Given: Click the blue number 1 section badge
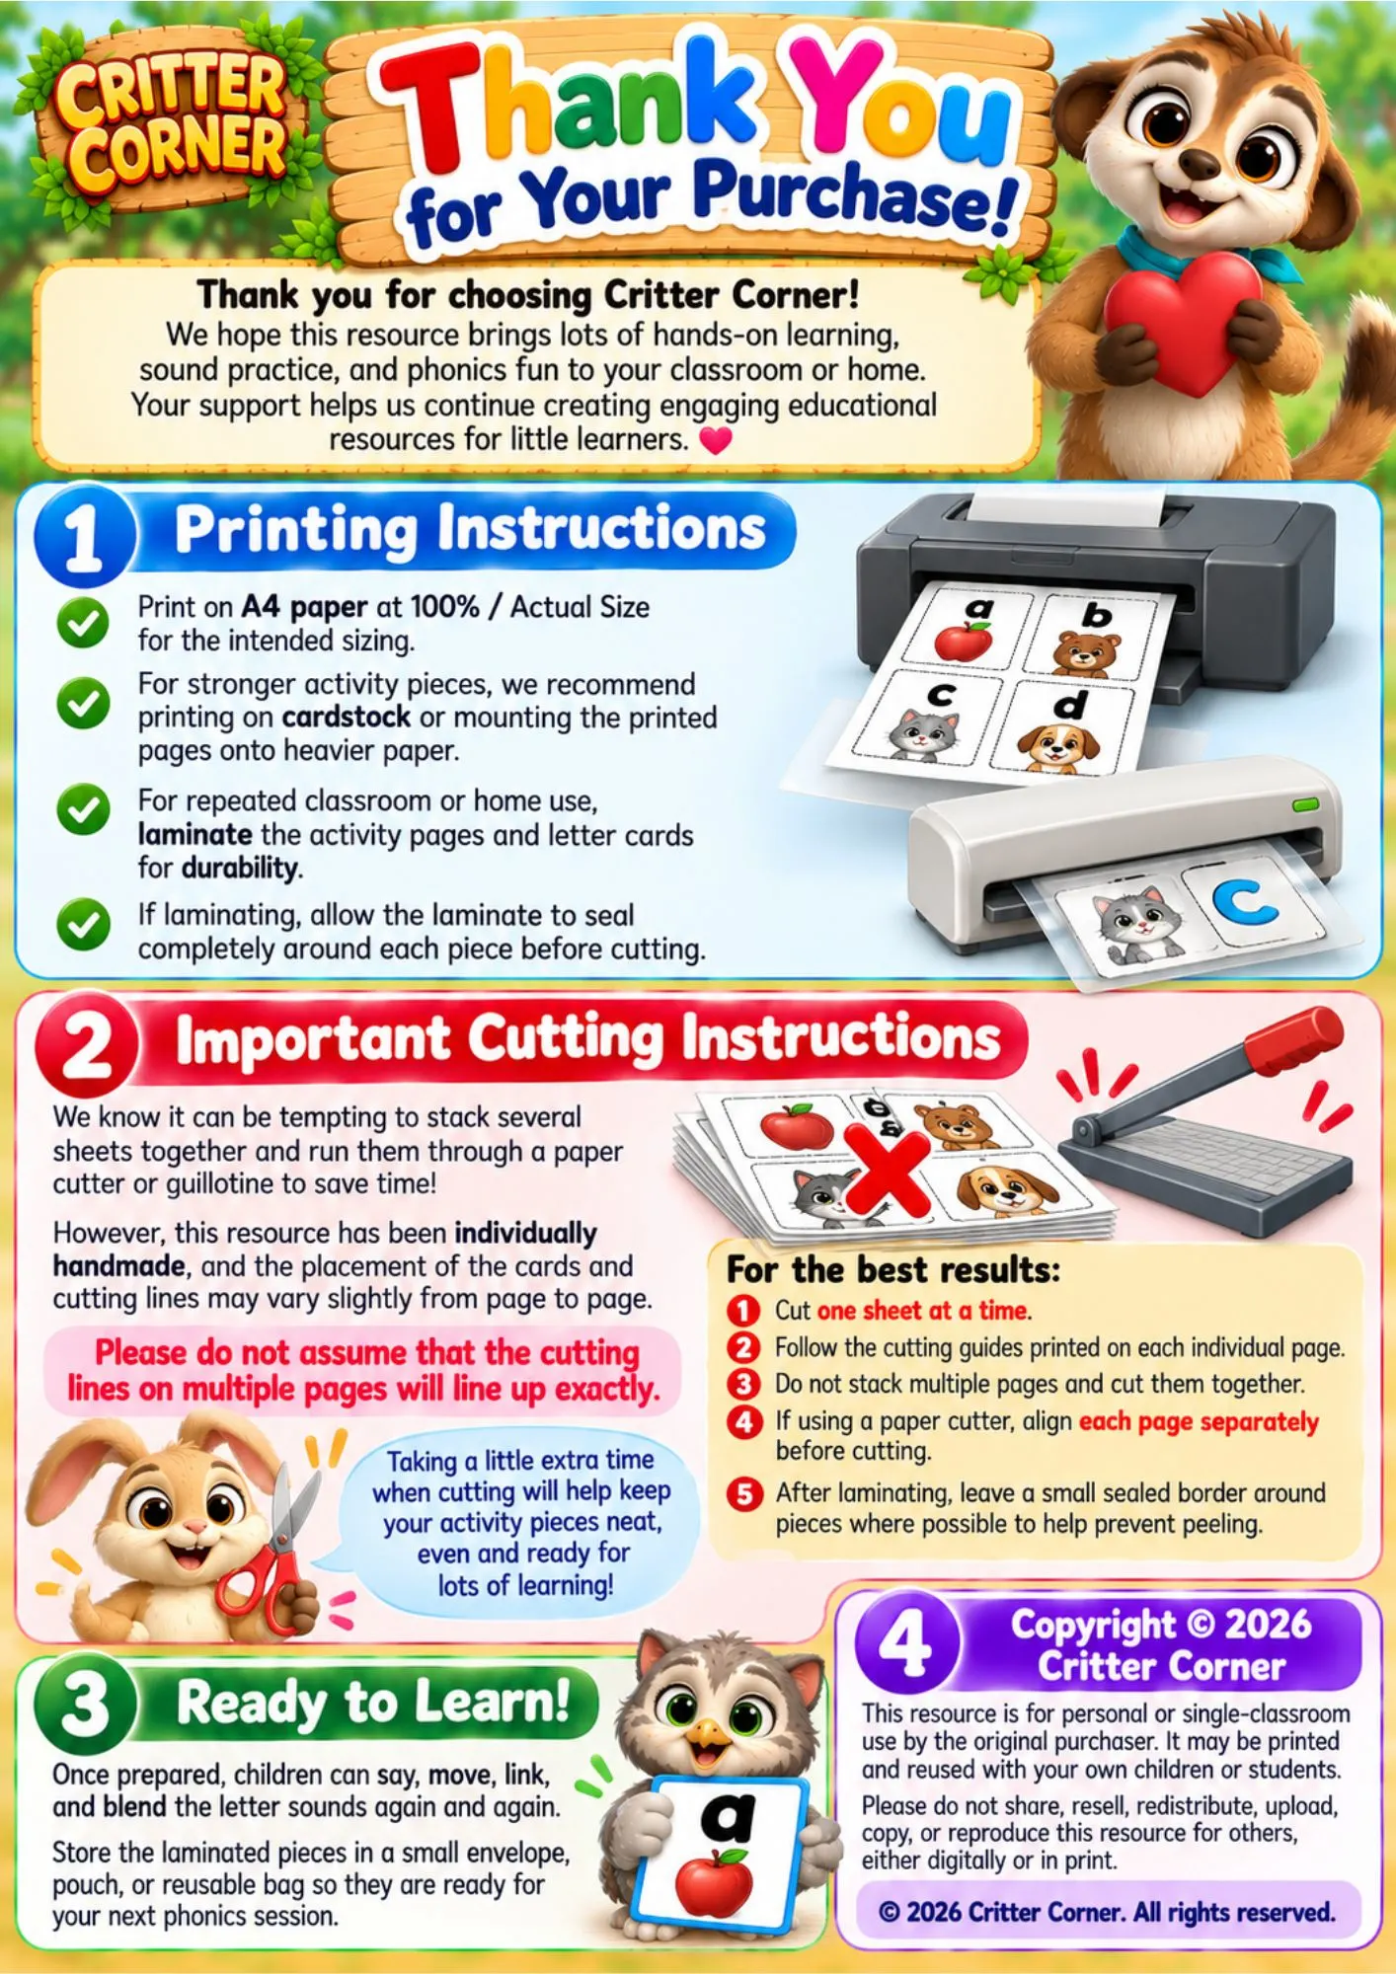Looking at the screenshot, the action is (83, 536).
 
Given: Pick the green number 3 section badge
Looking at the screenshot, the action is (85, 1705).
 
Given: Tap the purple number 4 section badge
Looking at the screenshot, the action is (905, 1641).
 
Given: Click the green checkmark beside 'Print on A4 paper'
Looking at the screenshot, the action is (83, 623).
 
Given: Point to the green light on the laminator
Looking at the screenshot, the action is (1305, 805).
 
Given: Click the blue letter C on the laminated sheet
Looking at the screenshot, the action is (1245, 903).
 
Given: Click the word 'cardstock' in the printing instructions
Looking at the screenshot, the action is (347, 717).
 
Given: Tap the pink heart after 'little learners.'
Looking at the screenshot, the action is (716, 440).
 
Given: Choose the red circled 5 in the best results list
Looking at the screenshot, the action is (744, 1493).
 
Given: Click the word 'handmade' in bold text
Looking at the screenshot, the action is (119, 1265).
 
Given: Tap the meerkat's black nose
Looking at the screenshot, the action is (1200, 164).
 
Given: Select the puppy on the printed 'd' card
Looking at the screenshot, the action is (1057, 746).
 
